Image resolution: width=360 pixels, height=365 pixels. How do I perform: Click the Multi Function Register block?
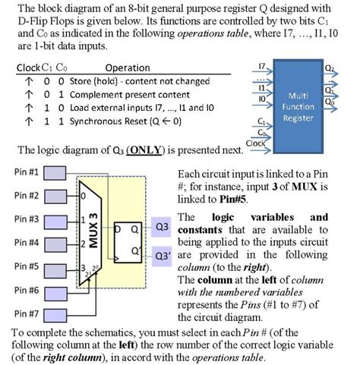298,102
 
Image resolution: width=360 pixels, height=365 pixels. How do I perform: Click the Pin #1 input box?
57,173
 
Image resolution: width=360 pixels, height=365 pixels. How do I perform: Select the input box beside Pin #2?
57,197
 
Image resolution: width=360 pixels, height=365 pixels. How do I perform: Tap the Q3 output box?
161,226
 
